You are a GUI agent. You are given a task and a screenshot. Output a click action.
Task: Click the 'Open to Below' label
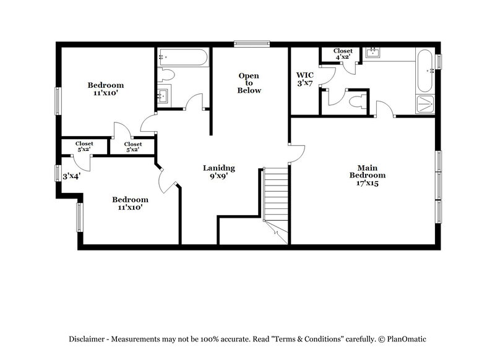coord(250,83)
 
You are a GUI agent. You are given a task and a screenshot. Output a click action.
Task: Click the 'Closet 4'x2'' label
coord(343,54)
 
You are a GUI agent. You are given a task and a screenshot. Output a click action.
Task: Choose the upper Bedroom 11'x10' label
coord(105,89)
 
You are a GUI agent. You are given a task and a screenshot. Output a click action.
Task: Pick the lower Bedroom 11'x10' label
coord(130,204)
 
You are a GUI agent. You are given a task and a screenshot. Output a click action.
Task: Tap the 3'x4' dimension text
coord(72,176)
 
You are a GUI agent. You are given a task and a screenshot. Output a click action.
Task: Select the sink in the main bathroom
coord(372,53)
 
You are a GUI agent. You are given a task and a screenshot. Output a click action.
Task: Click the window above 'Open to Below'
coord(252,43)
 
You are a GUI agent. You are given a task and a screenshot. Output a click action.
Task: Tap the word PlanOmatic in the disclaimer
coord(405,339)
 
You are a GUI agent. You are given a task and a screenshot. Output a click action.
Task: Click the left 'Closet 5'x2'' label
coord(84,147)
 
